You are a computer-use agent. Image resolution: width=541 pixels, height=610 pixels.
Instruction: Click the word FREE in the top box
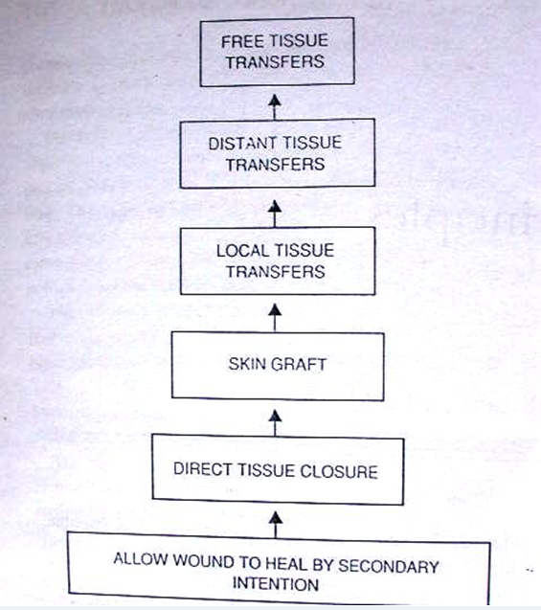click(x=239, y=43)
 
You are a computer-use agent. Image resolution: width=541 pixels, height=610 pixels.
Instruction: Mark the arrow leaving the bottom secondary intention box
click(x=276, y=523)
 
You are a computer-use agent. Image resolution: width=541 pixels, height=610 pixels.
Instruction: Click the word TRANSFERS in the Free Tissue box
click(x=273, y=62)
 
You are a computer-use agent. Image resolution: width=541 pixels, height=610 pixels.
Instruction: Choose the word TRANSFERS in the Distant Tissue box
click(x=274, y=164)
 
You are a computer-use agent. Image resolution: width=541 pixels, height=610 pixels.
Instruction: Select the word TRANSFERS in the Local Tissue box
click(x=275, y=272)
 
